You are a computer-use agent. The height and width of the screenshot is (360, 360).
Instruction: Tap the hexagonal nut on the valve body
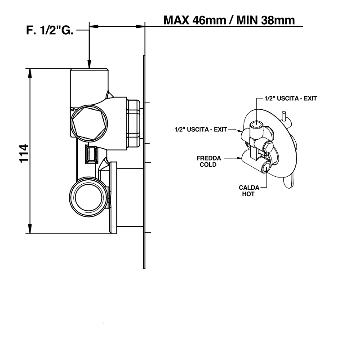click(89, 121)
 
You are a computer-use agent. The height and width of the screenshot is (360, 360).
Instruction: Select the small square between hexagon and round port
click(92, 156)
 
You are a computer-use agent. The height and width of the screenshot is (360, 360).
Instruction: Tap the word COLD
click(209, 164)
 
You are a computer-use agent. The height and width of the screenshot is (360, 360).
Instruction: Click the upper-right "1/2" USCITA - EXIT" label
click(291, 98)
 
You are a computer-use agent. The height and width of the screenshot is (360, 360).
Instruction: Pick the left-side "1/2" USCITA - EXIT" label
click(200, 129)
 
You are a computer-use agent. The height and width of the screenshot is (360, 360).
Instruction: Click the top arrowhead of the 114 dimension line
click(30, 73)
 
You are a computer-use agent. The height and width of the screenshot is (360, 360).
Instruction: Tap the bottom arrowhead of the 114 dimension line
click(30, 229)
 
